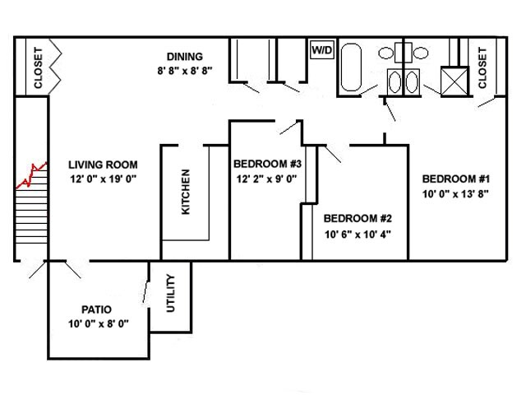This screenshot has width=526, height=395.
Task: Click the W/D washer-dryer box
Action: coord(321,50)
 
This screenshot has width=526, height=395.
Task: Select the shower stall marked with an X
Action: coord(453,82)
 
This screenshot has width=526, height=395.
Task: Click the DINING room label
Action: coord(184,57)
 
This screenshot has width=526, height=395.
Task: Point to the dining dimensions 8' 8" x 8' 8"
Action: coord(184,71)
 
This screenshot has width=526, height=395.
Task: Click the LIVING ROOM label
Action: coord(103,165)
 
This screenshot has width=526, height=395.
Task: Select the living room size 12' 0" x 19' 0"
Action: coord(103,179)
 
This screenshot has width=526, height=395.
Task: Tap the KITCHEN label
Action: coord(186,192)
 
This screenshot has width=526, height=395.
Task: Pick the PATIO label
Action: coord(96,309)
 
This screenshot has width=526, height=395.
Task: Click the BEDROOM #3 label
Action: coord(264,163)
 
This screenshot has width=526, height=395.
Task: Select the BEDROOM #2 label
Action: coord(358,219)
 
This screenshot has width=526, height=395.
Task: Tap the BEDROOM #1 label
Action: coord(456,179)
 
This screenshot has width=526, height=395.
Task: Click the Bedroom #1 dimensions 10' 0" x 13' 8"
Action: coord(456,194)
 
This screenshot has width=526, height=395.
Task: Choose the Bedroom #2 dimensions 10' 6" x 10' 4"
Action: coord(358,234)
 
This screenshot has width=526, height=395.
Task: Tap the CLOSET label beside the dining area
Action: coord(38,67)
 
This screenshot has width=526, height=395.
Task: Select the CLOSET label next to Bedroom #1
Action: coord(482,67)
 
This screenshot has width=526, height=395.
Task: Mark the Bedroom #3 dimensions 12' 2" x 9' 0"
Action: coord(265,178)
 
